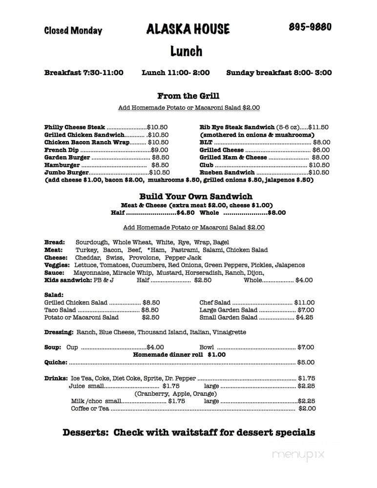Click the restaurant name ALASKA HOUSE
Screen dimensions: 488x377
pyautogui.click(x=188, y=29)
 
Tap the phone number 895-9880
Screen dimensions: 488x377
pyautogui.click(x=310, y=27)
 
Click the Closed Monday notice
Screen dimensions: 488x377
pyautogui.click(x=73, y=30)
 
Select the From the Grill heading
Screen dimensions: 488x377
pyautogui.click(x=188, y=96)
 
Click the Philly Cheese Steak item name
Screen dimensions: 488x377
pyautogui.click(x=75, y=127)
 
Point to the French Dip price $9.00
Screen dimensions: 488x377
pyautogui.click(x=159, y=150)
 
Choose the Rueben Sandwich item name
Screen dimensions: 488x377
pyautogui.click(x=227, y=172)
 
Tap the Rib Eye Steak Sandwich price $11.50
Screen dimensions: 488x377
pyautogui.click(x=318, y=127)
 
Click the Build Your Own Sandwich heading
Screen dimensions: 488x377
pyautogui.click(x=188, y=196)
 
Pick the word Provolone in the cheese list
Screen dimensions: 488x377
pyautogui.click(x=147, y=257)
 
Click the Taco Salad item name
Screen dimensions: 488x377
pyautogui.click(x=60, y=310)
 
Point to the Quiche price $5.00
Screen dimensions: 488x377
pyautogui.click(x=306, y=362)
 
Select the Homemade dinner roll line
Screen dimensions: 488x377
pyautogui.click(x=179, y=355)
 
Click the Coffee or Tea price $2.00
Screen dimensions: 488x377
pyautogui.click(x=307, y=408)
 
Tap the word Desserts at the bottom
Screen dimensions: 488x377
pyautogui.click(x=85, y=432)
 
